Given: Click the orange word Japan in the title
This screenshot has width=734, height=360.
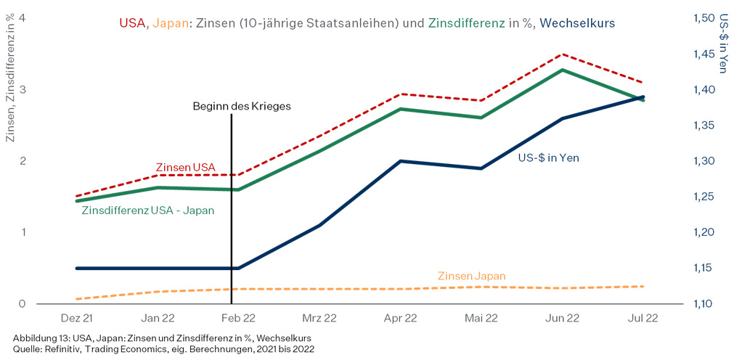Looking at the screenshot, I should (x=171, y=23).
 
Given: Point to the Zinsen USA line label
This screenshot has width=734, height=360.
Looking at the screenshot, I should (x=186, y=167).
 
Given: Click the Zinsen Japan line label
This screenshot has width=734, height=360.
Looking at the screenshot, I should (x=471, y=276).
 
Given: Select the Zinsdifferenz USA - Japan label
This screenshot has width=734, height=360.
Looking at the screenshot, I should (x=147, y=210).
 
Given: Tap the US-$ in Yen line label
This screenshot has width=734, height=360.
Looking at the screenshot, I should (x=548, y=157).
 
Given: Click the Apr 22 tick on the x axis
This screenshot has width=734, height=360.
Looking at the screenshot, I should (x=400, y=318).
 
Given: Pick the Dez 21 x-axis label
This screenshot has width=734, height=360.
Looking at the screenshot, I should (x=76, y=318).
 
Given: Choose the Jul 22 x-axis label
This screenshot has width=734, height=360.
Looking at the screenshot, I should (x=643, y=318).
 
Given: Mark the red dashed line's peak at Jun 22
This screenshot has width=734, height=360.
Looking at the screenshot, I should (x=562, y=54).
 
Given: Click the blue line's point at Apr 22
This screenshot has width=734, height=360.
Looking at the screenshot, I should (x=400, y=160).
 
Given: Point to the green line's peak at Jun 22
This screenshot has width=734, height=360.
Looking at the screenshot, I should (x=562, y=70).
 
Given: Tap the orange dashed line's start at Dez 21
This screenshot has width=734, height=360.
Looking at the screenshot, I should (x=77, y=298).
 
